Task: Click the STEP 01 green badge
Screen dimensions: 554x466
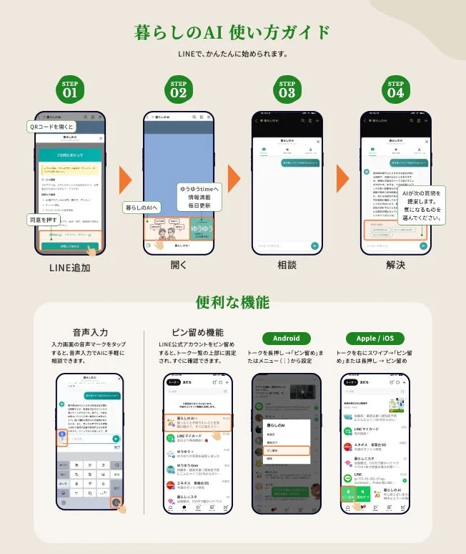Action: [69, 89]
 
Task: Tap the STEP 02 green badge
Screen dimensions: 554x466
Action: [178, 89]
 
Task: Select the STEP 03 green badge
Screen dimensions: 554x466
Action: [287, 89]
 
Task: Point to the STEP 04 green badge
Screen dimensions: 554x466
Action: [395, 89]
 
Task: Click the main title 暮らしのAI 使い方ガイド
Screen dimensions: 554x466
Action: [233, 33]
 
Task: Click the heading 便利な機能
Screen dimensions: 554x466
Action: [233, 303]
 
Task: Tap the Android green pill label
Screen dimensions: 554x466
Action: [287, 338]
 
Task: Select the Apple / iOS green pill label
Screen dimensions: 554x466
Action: [376, 338]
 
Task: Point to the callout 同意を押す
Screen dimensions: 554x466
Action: [44, 220]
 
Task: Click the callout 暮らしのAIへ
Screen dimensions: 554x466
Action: [143, 208]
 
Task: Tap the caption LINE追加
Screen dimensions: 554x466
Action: [69, 266]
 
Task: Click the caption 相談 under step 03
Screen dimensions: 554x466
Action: [287, 265]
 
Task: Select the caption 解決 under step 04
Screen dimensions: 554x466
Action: [395, 265]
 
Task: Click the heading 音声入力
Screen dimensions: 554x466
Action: [90, 333]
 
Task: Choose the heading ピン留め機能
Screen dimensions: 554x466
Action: [198, 333]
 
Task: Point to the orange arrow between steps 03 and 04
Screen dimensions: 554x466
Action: [344, 179]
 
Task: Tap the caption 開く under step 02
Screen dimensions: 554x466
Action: [178, 265]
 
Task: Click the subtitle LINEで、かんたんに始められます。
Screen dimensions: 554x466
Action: [233, 54]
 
